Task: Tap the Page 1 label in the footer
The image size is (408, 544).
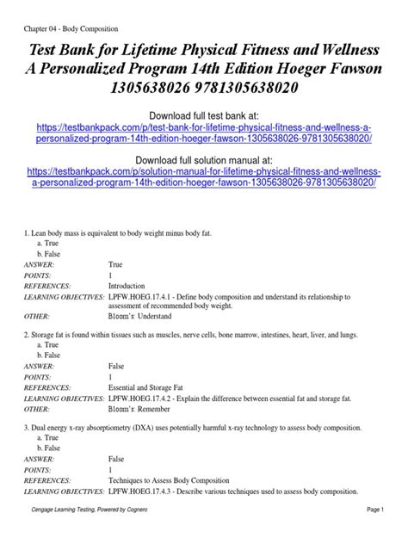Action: [377, 535]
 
